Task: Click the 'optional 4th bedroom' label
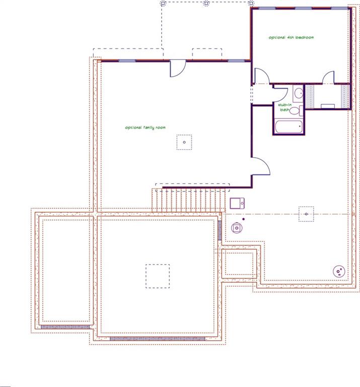(x=291, y=37)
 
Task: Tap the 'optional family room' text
(x=145, y=127)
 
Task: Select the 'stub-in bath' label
(x=285, y=107)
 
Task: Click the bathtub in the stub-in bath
(x=289, y=126)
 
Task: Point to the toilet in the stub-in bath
(x=296, y=110)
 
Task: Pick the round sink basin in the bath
(x=299, y=93)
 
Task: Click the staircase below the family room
(x=189, y=200)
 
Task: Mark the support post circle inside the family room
(x=184, y=142)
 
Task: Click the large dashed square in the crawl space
(x=158, y=276)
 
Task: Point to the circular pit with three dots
(x=339, y=272)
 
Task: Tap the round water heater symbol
(x=237, y=228)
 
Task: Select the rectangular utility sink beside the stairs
(x=237, y=204)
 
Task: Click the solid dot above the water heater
(x=244, y=219)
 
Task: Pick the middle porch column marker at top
(x=206, y=4)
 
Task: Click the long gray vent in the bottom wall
(x=157, y=339)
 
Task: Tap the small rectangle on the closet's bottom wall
(x=328, y=106)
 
